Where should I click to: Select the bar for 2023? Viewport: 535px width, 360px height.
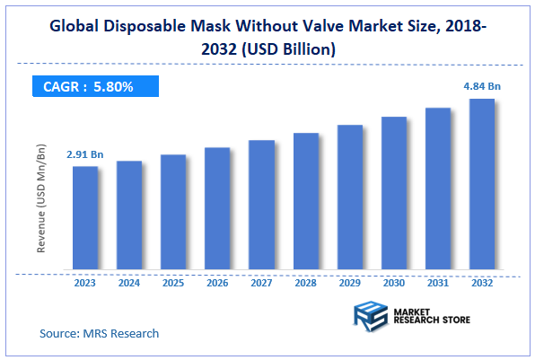[x=85, y=217]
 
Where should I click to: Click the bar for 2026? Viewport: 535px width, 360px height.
[x=217, y=208]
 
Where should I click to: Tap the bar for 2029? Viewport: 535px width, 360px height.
[x=350, y=197]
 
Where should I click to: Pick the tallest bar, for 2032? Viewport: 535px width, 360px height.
[x=482, y=184]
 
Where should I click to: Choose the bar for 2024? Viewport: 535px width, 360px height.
[x=129, y=215]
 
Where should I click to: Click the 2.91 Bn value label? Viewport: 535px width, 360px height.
[x=85, y=155]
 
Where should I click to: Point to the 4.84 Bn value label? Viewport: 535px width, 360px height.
[x=482, y=87]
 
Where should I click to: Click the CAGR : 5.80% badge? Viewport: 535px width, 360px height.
[x=92, y=87]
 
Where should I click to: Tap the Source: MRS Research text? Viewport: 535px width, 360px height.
[x=99, y=333]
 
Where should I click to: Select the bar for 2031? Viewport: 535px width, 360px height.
[x=438, y=189]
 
